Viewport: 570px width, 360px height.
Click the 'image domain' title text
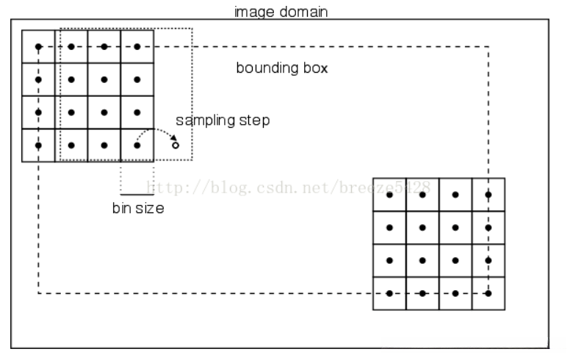pos(281,12)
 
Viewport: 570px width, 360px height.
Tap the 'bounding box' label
pos(281,68)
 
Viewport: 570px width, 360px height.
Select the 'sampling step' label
pos(222,120)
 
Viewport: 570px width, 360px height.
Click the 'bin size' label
pos(137,208)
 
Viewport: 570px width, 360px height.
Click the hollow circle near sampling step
pos(176,145)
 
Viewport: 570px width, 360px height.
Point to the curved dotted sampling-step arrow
pos(156,133)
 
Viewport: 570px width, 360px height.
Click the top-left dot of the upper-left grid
pos(38,47)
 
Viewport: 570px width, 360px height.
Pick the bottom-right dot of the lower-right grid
pos(488,293)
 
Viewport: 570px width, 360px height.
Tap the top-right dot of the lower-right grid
pos(488,195)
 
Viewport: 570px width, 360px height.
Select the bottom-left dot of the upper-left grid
pos(38,145)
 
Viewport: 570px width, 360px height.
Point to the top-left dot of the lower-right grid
pos(390,195)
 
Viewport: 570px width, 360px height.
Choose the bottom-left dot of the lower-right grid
pos(390,293)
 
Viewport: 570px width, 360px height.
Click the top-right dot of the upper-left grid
pos(137,47)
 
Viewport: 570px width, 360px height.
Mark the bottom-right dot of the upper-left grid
pos(137,145)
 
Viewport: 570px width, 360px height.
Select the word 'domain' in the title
pos(303,12)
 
